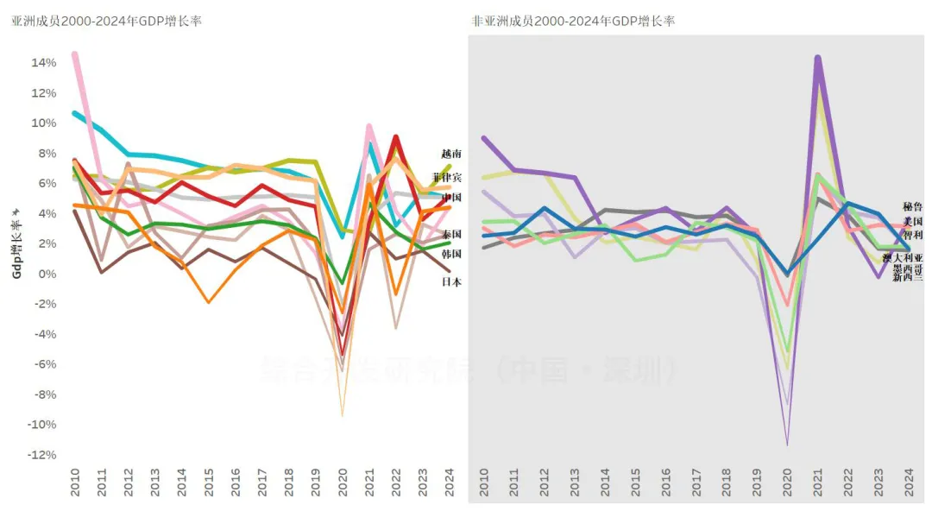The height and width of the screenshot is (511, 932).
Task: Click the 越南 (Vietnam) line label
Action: coord(451,154)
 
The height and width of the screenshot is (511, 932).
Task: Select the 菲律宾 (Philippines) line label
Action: coord(447,177)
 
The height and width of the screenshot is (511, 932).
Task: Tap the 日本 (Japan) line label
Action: coord(451,281)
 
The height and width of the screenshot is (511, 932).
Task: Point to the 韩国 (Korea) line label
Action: coord(451,254)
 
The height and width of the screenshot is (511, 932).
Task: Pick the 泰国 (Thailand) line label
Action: coord(451,234)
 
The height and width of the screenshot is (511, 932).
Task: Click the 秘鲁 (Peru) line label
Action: coord(913,207)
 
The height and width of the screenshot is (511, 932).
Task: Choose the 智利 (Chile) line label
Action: coord(913,235)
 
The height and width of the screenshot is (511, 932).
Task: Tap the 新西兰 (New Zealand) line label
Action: coord(908,277)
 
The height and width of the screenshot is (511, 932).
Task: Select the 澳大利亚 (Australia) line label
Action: coord(903,258)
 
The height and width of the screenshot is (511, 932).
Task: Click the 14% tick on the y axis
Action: coord(44,62)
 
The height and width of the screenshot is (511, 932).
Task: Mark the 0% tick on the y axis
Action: coord(47,274)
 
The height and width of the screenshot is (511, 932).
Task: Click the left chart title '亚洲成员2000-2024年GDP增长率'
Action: coord(106,21)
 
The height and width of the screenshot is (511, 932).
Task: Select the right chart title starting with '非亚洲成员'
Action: coord(573,21)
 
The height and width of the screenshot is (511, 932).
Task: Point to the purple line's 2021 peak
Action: coord(817,59)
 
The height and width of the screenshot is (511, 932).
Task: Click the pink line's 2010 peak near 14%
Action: coord(75,54)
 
